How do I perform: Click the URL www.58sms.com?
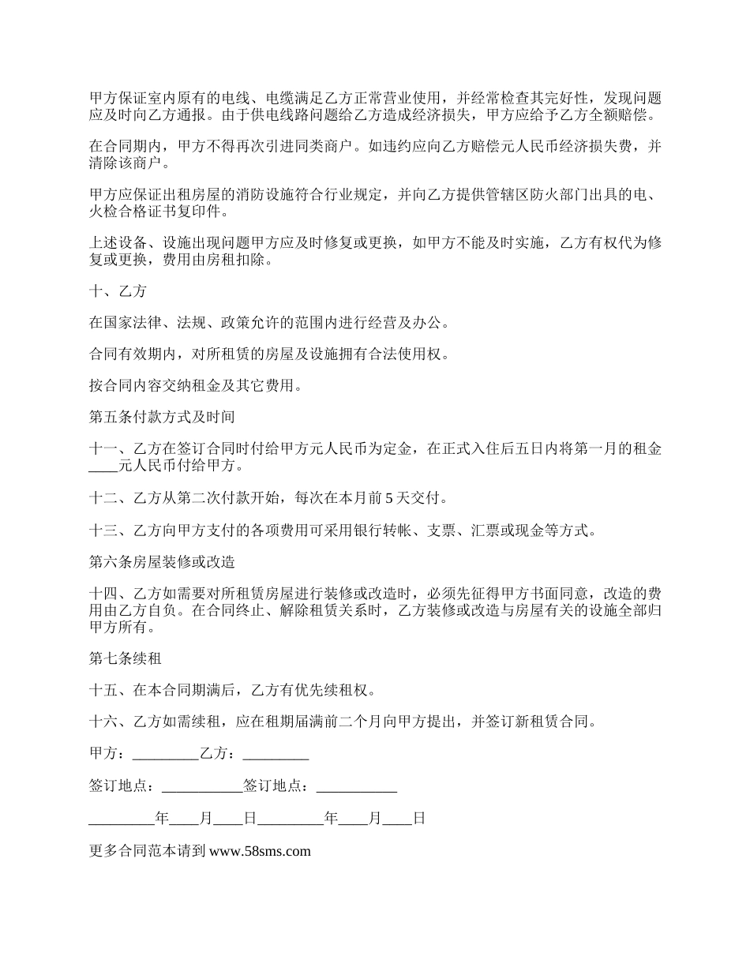261,851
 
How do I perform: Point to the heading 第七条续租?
126,657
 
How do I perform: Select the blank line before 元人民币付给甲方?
103,467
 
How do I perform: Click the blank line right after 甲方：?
166,754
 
